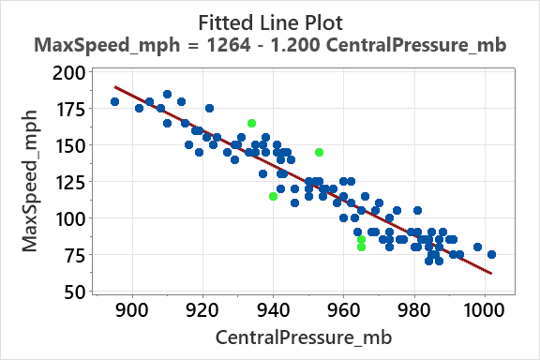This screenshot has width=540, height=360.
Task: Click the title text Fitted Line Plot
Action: pyautogui.click(x=269, y=20)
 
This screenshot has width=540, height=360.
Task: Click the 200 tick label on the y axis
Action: pyautogui.click(x=67, y=73)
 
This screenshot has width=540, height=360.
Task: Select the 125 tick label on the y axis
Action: pyautogui.click(x=67, y=182)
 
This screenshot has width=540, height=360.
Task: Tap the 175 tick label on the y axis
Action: pyautogui.click(x=67, y=110)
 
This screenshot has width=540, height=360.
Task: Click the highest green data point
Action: pyautogui.click(x=251, y=123)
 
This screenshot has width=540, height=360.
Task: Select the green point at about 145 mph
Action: pyautogui.click(x=319, y=152)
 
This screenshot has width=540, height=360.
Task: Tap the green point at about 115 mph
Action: pyautogui.click(x=273, y=196)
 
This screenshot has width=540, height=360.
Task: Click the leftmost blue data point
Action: pyautogui.click(x=114, y=101)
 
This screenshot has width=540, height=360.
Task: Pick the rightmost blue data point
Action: pyautogui.click(x=491, y=254)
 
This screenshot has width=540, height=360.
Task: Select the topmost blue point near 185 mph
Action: pyautogui.click(x=167, y=94)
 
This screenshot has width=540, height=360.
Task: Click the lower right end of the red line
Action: pyautogui.click(x=490, y=274)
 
